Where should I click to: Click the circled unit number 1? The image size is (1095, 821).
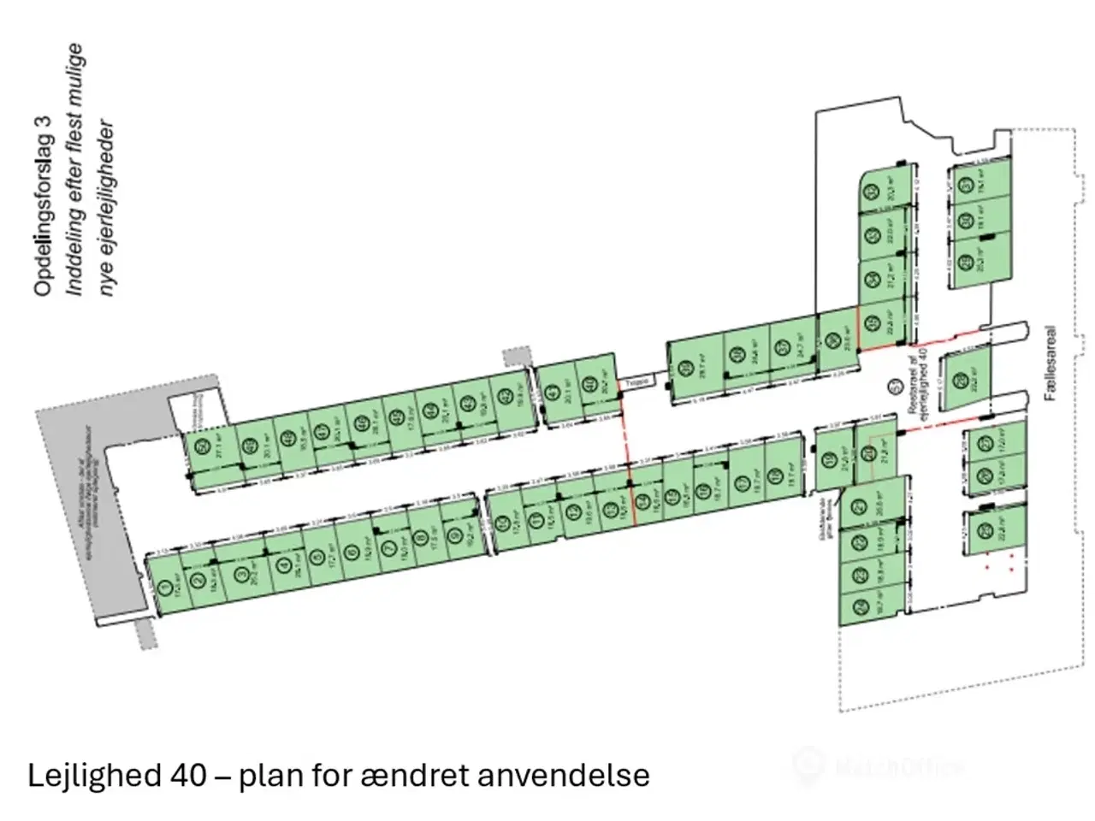[164, 588]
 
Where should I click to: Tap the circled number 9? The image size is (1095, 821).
[453, 536]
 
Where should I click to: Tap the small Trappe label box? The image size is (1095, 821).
[638, 384]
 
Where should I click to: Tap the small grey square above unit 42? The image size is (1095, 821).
[516, 357]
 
